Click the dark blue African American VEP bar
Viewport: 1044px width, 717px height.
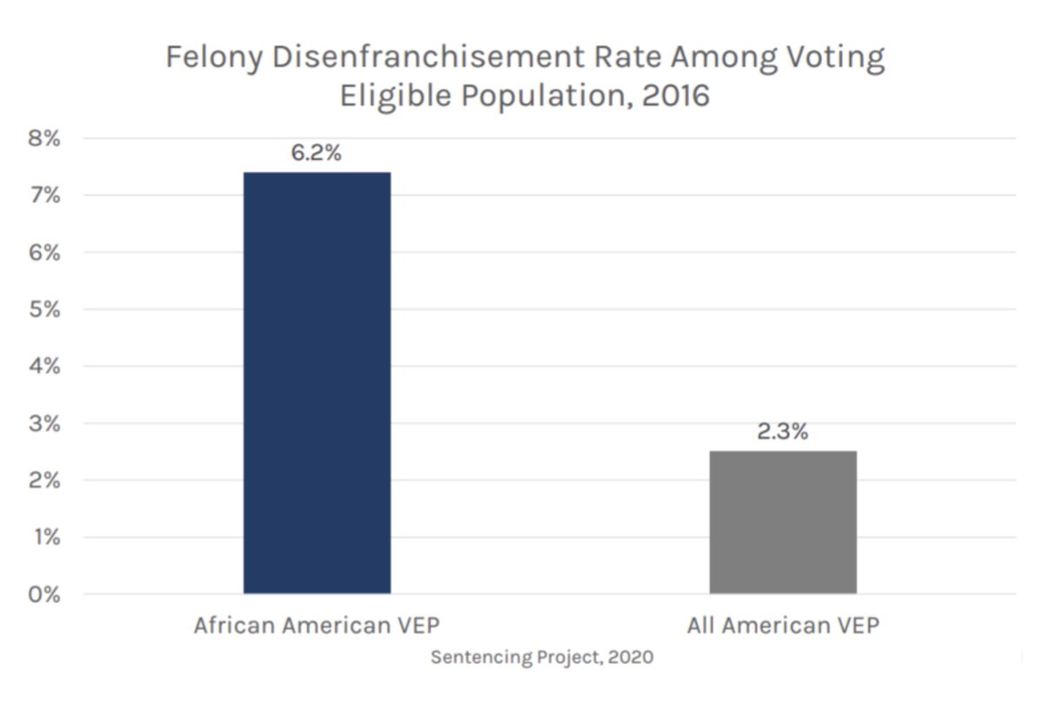tap(317, 383)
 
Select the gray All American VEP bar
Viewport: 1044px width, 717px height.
tap(783, 522)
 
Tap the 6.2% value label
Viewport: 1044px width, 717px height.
tap(316, 154)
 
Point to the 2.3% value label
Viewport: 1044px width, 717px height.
tap(782, 432)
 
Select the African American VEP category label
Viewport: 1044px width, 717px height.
tap(318, 626)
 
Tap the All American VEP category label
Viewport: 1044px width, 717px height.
tap(783, 626)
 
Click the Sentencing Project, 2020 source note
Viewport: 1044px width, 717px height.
tap(542, 657)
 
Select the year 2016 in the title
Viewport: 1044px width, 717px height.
tap(676, 95)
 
